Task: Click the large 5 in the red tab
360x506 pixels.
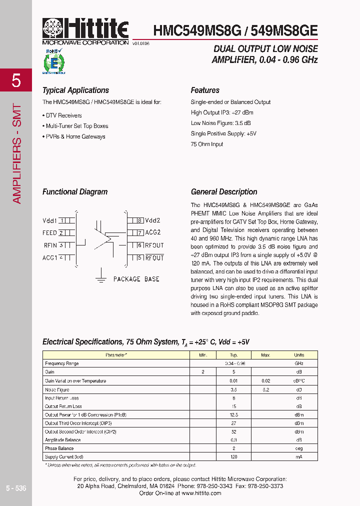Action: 16,80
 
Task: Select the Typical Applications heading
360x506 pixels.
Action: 75,90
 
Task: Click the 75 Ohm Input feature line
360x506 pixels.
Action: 207,144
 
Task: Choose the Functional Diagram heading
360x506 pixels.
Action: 75,192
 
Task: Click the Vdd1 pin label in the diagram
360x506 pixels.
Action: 50,220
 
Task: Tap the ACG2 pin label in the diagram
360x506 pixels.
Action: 153,232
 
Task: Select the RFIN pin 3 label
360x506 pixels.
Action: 50,245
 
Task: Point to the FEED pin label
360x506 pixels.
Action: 49,233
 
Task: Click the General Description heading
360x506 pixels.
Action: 224,192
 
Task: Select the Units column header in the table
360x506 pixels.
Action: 298,355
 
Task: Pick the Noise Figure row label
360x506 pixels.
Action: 57,389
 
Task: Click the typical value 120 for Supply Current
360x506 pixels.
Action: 233,457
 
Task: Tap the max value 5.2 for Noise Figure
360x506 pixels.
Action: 265,389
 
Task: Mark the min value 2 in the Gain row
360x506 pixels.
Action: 203,372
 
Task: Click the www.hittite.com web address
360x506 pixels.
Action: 201,493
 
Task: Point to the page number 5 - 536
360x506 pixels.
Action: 16,488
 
